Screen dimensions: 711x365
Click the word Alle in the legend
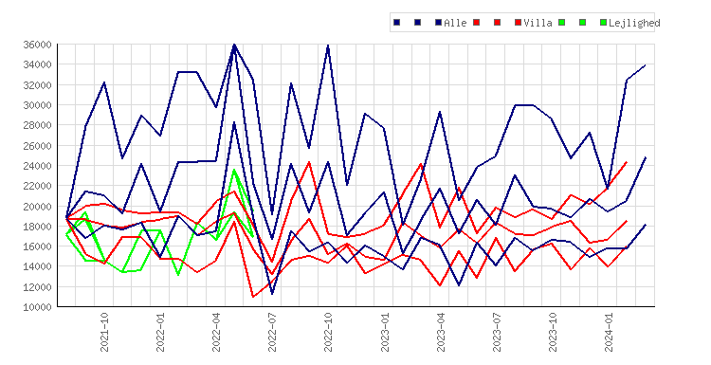pyautogui.click(x=455, y=23)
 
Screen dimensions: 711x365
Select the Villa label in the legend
pyautogui.click(x=538, y=23)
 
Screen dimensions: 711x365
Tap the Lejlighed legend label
pyautogui.click(x=634, y=23)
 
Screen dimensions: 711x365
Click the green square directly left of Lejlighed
pyautogui.click(x=603, y=22)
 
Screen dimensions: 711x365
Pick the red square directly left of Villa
pyautogui.click(x=518, y=22)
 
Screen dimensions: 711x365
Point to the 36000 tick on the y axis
pyautogui.click(x=37, y=45)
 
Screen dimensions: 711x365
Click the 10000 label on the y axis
pyautogui.click(x=37, y=307)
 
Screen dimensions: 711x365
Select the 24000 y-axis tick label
pyautogui.click(x=37, y=166)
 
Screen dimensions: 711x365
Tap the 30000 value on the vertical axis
pyautogui.click(x=37, y=105)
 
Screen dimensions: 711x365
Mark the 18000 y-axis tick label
pyautogui.click(x=37, y=227)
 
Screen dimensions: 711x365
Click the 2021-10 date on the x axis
pyautogui.click(x=104, y=333)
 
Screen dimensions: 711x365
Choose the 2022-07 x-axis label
pyautogui.click(x=272, y=333)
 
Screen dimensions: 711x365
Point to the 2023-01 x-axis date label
pyautogui.click(x=385, y=333)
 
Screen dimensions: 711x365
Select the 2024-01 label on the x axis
pyautogui.click(x=609, y=333)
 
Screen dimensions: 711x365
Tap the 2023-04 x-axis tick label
pyautogui.click(x=440, y=333)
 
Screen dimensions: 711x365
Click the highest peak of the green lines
pyautogui.click(x=234, y=170)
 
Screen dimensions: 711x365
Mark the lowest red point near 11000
pyautogui.click(x=253, y=297)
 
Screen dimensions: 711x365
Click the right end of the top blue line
pyautogui.click(x=646, y=65)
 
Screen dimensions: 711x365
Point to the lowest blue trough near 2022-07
pyautogui.click(x=272, y=294)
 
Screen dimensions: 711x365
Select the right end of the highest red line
pyautogui.click(x=627, y=162)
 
